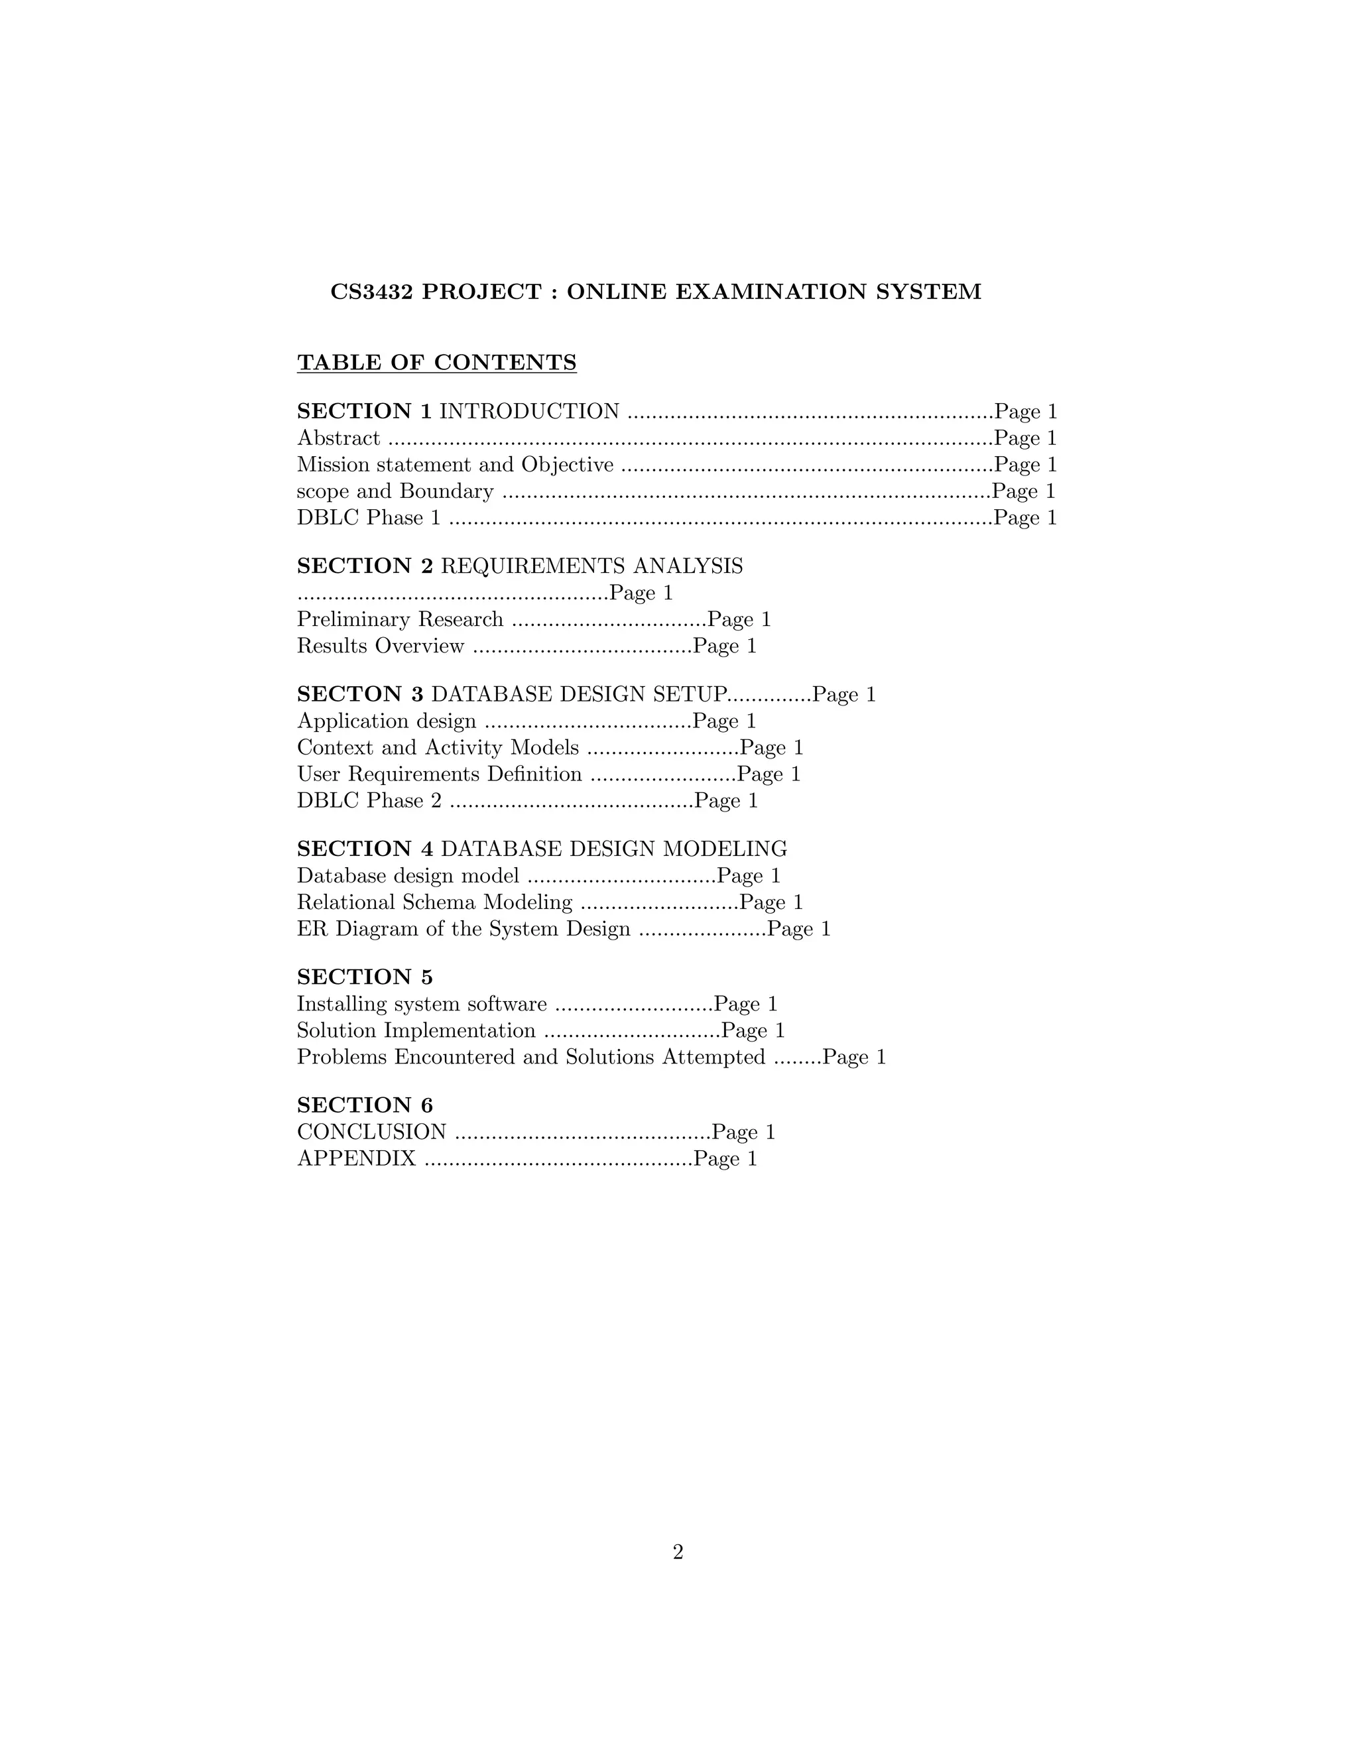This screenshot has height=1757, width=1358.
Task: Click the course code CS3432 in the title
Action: click(x=372, y=292)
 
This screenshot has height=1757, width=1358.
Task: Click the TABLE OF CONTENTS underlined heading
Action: click(x=437, y=363)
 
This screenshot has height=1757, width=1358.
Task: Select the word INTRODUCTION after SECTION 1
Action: click(x=529, y=412)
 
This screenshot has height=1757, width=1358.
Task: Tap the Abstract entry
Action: click(x=339, y=438)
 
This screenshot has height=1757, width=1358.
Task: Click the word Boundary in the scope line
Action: click(x=446, y=491)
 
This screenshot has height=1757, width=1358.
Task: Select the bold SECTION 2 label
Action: click(x=365, y=566)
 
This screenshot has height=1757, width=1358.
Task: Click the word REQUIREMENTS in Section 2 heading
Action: click(x=533, y=566)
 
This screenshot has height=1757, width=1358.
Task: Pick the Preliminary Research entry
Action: click(x=400, y=619)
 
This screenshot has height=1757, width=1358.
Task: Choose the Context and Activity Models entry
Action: click(x=438, y=748)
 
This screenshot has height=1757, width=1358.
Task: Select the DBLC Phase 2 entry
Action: click(x=369, y=802)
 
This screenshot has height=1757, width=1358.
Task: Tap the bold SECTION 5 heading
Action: click(x=365, y=977)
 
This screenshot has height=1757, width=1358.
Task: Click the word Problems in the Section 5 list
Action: click(x=342, y=1057)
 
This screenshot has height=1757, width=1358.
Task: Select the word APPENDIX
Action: click(x=356, y=1159)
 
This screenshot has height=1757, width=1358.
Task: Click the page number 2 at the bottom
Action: click(x=678, y=1553)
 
